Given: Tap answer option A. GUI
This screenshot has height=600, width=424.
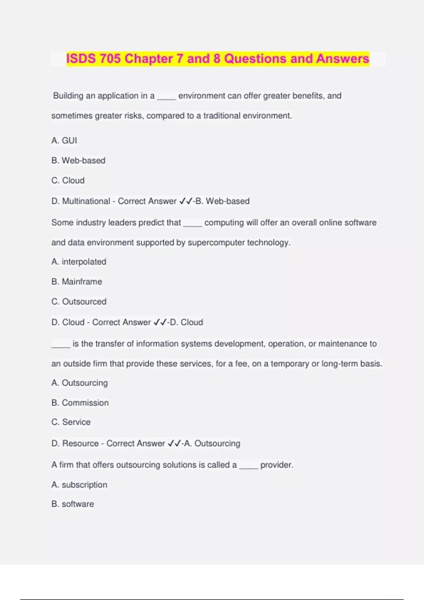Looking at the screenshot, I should [64, 140].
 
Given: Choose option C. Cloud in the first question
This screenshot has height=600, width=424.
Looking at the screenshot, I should [68, 180].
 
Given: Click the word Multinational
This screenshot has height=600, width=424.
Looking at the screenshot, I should [86, 201].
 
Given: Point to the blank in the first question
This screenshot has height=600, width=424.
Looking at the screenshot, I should [166, 96].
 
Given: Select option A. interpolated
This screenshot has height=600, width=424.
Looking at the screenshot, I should [79, 262].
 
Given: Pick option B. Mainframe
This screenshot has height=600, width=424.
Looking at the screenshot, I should [77, 282].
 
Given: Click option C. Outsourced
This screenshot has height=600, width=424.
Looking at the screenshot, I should [79, 301].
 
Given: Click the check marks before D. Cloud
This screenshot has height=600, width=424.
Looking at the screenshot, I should [160, 322].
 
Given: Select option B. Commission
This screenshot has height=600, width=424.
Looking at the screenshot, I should [80, 403].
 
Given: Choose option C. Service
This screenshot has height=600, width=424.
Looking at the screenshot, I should [71, 422].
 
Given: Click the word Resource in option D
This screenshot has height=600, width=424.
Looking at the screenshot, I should [81, 443].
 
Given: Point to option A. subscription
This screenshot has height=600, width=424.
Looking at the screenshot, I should [79, 485].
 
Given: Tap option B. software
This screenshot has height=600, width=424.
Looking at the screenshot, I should [72, 504].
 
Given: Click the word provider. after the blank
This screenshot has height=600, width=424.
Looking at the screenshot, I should [277, 465].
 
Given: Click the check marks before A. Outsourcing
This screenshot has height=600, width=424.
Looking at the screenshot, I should [175, 443].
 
